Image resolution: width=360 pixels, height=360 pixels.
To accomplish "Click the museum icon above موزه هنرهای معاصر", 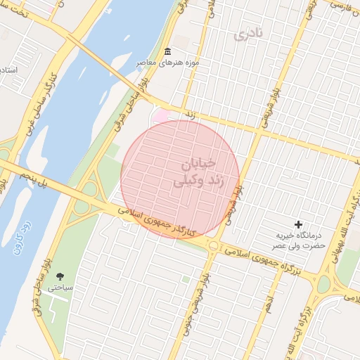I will coord(167,53).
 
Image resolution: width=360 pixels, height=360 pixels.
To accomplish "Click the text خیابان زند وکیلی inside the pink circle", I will coord(193,173).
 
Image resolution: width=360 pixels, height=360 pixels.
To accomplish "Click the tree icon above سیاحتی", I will coord(59,276).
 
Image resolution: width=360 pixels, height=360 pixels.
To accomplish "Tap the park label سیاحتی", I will coord(60,288).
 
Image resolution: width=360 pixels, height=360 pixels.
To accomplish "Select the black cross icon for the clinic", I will coord(298,224).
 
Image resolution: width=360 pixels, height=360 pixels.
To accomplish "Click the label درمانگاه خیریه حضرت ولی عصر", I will coord(299,241).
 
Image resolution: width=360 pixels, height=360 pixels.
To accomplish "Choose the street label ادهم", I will coord(267,302).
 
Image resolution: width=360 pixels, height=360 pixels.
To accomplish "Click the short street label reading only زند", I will coord(188,113).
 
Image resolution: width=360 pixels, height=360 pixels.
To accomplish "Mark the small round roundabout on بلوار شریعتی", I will coord(213,245).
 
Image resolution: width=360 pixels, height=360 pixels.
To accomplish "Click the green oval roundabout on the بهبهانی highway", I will coord(323,285).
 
